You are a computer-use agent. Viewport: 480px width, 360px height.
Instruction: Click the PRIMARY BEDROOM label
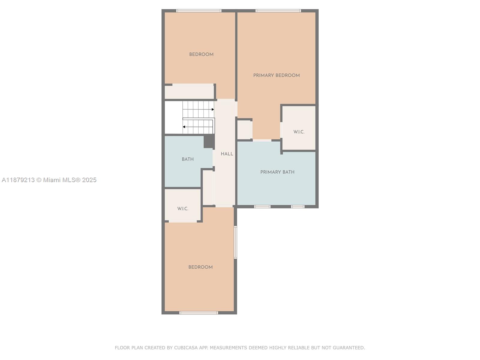click(x=276, y=75)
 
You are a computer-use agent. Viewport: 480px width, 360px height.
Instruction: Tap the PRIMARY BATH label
click(x=277, y=172)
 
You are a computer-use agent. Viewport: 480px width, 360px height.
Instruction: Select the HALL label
click(x=227, y=154)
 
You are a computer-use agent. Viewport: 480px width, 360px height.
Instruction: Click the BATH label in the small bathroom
click(x=187, y=159)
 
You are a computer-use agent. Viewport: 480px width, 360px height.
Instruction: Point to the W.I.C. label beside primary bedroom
click(x=299, y=132)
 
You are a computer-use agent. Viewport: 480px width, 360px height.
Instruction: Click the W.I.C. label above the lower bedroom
click(x=183, y=208)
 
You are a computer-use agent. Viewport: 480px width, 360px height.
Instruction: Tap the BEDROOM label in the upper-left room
click(x=201, y=54)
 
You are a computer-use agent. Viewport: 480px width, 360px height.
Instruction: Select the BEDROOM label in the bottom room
click(x=200, y=267)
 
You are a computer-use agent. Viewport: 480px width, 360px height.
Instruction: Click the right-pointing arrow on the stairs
click(x=213, y=109)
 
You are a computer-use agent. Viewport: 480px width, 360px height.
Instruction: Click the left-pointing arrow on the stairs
click(x=184, y=127)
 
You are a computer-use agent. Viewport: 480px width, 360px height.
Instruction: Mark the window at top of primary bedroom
click(x=278, y=11)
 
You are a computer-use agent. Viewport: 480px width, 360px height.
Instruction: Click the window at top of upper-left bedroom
click(x=199, y=11)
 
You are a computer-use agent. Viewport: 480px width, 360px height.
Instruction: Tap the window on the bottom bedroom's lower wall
click(x=199, y=313)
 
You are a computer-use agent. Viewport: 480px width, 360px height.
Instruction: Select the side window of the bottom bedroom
click(x=235, y=242)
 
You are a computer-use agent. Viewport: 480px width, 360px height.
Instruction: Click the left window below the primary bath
click(x=262, y=206)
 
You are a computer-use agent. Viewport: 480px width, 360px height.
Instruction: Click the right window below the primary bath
click(x=298, y=206)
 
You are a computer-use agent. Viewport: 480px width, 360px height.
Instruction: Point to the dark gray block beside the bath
click(x=209, y=141)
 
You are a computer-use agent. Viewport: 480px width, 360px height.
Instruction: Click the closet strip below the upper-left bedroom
click(x=189, y=92)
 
